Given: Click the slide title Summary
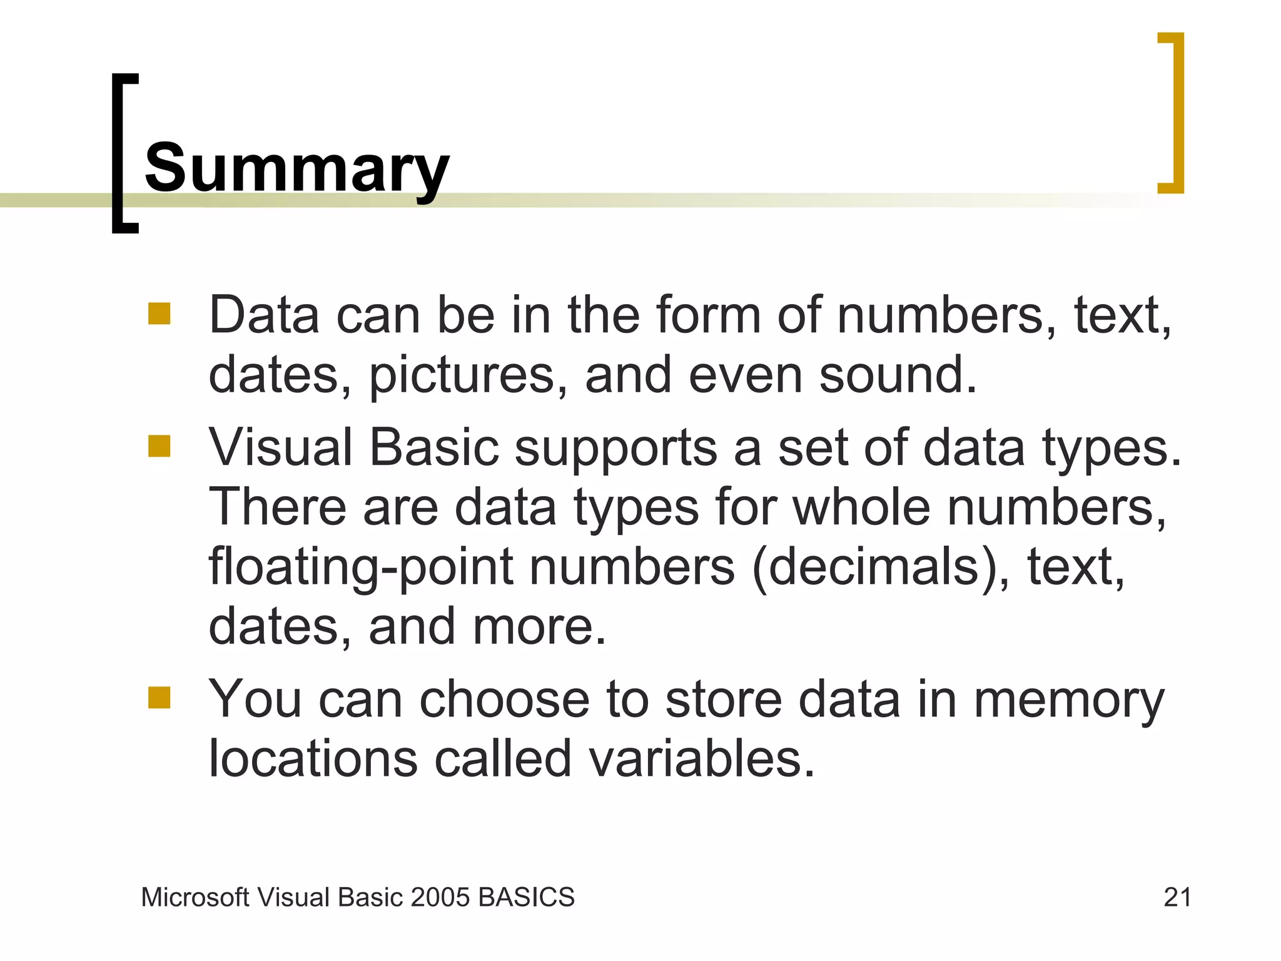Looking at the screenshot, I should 296,168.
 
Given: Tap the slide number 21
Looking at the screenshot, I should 1177,897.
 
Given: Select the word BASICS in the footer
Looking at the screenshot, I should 526,897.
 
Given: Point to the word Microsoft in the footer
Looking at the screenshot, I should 195,897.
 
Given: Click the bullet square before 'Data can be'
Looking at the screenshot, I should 159,313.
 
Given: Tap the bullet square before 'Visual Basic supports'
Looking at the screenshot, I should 159,446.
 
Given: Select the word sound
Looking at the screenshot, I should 897,375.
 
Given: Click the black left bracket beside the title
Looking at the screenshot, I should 124,153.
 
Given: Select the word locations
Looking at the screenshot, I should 313,759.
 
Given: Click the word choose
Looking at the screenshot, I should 504,699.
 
